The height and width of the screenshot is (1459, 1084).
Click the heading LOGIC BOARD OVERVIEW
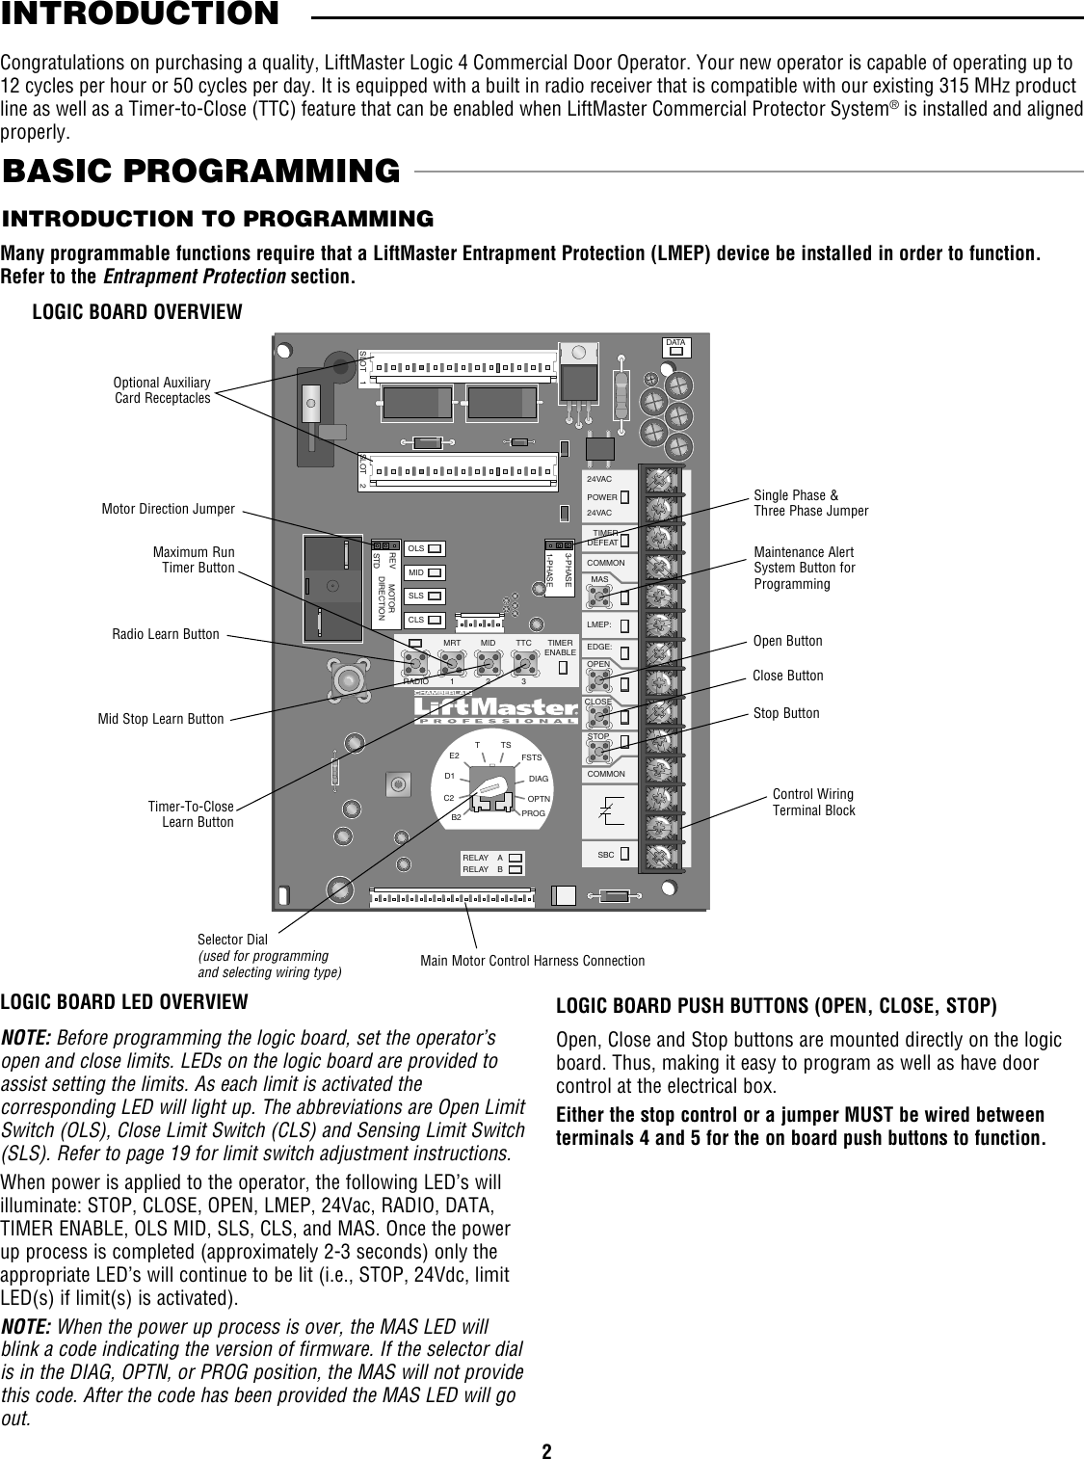coord(138,311)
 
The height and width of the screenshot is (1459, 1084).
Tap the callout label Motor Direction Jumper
coord(168,509)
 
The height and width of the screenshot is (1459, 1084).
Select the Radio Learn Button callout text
coord(165,634)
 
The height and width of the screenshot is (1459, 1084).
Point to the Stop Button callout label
coord(786,713)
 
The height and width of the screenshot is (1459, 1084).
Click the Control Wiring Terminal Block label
coord(813,802)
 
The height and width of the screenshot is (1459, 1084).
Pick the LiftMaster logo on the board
coord(496,707)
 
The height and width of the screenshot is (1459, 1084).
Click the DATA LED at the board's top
coord(676,351)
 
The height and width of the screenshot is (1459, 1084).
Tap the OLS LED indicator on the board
coord(435,548)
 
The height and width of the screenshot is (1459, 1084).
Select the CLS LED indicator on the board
coord(435,620)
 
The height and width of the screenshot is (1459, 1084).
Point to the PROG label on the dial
coord(534,813)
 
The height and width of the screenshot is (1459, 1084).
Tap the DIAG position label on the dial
coord(539,779)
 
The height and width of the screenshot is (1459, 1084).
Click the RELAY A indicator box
coord(516,858)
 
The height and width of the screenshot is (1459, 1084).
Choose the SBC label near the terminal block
coord(606,855)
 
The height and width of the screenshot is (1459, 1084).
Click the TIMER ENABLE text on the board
coord(561,648)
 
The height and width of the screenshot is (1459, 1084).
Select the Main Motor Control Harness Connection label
coord(533,961)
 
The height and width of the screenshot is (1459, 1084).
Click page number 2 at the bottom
coord(546,1446)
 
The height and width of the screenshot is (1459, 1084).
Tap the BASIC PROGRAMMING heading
coord(201,171)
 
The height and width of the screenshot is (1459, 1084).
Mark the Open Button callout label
coord(787,641)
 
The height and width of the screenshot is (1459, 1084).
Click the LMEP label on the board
coord(599,624)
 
